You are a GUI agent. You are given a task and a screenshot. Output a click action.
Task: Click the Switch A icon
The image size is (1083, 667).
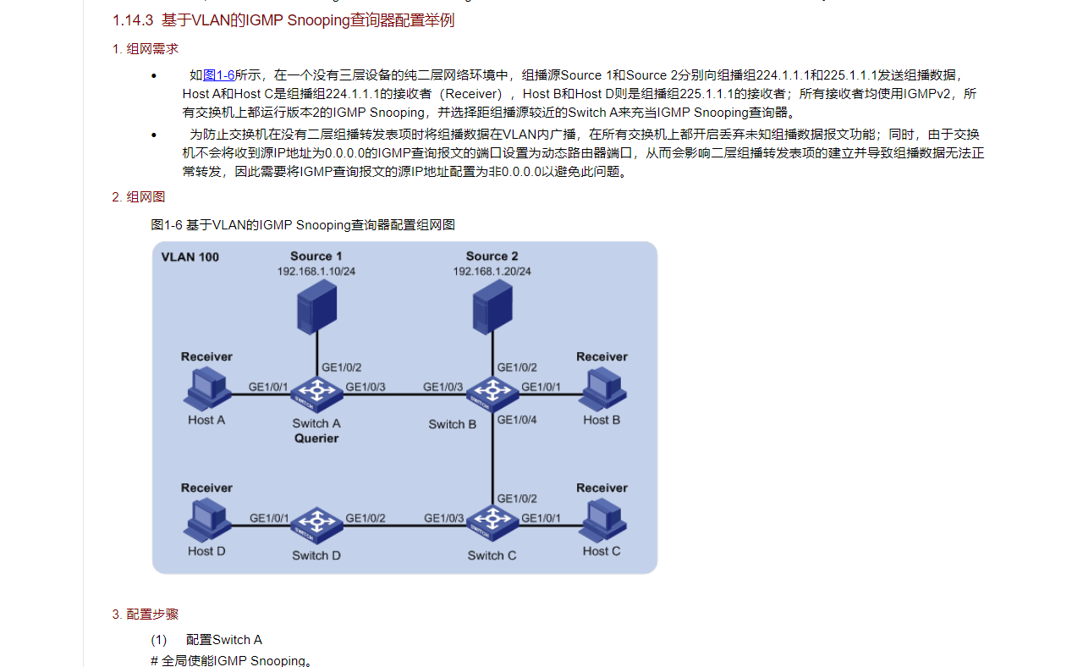coord(316,394)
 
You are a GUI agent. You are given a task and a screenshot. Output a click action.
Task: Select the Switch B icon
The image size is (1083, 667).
coord(492,394)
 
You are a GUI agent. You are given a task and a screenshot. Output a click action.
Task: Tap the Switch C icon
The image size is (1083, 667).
coord(492,523)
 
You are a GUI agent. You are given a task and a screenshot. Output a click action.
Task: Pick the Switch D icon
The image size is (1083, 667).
coord(316,526)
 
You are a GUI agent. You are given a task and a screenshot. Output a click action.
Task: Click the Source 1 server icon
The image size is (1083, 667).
coord(317,307)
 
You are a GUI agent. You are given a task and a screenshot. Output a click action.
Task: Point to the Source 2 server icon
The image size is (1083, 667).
coord(492,307)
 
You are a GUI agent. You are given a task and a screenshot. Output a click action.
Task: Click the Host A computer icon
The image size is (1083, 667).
coord(207,389)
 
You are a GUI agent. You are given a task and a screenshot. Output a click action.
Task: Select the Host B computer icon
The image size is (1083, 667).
coord(602,389)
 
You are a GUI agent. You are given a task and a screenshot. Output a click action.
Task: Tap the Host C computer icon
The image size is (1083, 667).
coord(602,521)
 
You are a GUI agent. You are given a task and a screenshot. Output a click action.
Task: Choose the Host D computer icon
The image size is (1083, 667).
coord(207,521)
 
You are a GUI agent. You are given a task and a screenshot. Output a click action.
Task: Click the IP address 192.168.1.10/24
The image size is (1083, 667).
coord(316,272)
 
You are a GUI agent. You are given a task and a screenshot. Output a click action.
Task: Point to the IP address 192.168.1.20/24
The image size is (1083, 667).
coord(492,272)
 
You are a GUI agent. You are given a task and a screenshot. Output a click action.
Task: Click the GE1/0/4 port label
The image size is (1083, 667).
coord(517,420)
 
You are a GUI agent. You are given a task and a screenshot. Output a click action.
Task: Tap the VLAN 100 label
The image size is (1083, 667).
coord(190,256)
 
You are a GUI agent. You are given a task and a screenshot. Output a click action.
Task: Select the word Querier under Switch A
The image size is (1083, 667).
coord(316,438)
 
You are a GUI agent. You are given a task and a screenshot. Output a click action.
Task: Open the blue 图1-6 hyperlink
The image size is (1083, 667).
coord(218,75)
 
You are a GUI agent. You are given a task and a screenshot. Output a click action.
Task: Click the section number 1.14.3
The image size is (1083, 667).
coord(133,20)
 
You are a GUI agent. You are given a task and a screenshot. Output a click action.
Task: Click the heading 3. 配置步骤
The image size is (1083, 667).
coord(145,614)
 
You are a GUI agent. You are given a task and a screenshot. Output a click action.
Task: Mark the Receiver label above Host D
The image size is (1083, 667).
coord(207,488)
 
